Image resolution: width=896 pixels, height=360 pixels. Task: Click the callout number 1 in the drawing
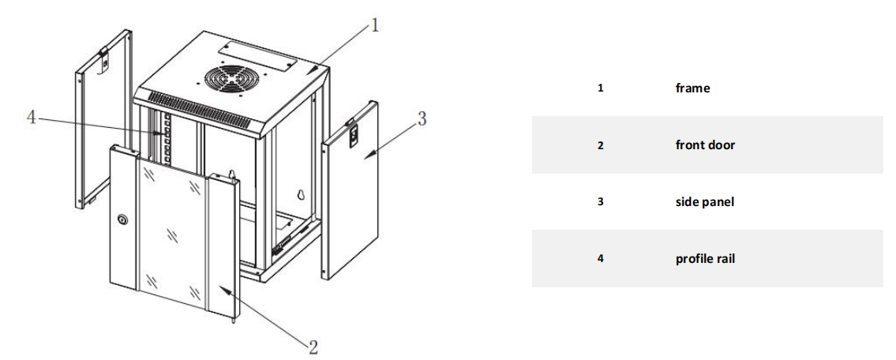[375, 26]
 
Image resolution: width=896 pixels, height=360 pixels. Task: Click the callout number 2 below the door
[313, 346]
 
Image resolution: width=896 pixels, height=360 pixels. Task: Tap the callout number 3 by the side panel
[422, 119]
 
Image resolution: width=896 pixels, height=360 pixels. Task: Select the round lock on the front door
[123, 220]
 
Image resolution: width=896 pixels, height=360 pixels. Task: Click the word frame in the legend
[692, 88]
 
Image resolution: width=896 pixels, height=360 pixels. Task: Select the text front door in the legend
[705, 145]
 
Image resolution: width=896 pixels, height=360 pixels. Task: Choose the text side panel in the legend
[704, 202]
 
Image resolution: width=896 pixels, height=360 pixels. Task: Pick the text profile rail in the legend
[705, 259]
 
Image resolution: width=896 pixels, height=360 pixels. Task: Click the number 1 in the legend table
[600, 88]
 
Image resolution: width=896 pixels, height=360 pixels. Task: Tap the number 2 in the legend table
[600, 145]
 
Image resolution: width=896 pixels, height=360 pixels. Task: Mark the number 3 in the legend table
[600, 202]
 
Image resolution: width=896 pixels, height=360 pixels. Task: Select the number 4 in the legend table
[600, 259]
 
